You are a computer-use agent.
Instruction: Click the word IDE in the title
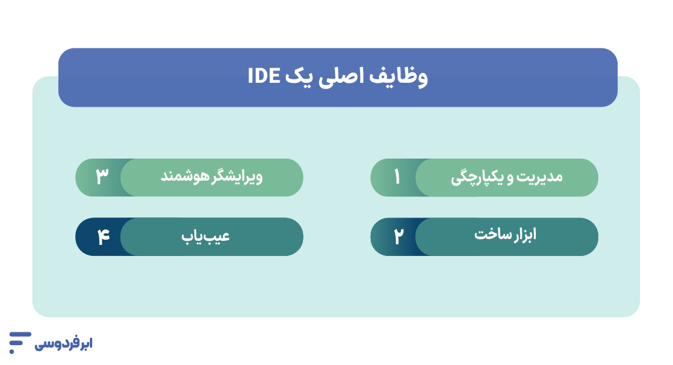coord(264,76)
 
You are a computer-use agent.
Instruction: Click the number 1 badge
coord(397,177)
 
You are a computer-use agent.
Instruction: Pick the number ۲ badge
coord(397,237)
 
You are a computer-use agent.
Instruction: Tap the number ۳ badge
coord(102,177)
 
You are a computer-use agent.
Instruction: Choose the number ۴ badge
coord(103,237)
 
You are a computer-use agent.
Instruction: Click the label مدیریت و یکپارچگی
coord(506,177)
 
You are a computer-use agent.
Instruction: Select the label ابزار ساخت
coord(505,235)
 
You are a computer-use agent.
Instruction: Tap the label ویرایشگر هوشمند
coord(211,177)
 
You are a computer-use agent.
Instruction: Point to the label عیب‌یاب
coord(212,236)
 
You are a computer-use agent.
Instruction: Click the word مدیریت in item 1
coord(540,177)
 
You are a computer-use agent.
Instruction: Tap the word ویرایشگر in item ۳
coord(237,177)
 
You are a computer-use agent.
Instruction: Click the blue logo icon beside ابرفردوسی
coord(19,342)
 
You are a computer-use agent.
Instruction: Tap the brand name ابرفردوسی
coord(64,343)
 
